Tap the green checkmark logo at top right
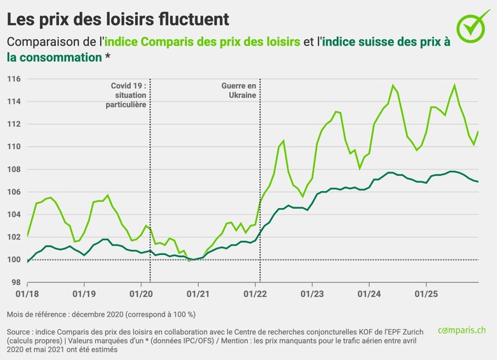click(473, 26)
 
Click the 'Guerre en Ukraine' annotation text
click(239, 90)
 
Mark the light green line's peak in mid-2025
click(455, 85)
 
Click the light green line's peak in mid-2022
click(283, 141)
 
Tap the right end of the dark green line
click(478, 182)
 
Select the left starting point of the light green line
click(27, 236)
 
